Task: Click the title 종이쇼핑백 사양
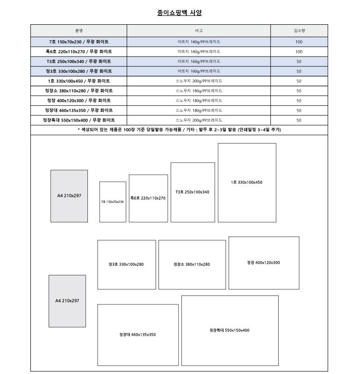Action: (x=180, y=13)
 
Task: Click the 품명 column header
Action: (x=79, y=30)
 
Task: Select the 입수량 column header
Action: (x=299, y=30)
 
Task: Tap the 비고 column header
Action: (x=199, y=30)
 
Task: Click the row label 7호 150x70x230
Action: (x=79, y=42)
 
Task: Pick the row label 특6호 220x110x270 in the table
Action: (x=79, y=51)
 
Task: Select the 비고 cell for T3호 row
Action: (x=199, y=61)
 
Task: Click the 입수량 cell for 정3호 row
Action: (x=299, y=71)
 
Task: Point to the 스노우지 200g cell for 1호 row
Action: (x=199, y=81)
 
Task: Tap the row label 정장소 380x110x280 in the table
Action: (x=79, y=91)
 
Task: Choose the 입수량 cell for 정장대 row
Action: (x=299, y=110)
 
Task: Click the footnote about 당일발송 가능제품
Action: (x=179, y=129)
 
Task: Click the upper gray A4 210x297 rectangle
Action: (x=69, y=196)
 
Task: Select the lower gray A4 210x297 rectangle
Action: (x=67, y=301)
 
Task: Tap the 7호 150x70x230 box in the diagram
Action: (x=113, y=202)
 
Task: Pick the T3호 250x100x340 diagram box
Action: (x=193, y=192)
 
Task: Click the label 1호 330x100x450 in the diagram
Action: (x=246, y=182)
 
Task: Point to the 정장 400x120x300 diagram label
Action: (x=264, y=263)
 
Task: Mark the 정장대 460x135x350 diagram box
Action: (x=138, y=335)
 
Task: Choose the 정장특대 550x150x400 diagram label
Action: (x=230, y=331)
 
